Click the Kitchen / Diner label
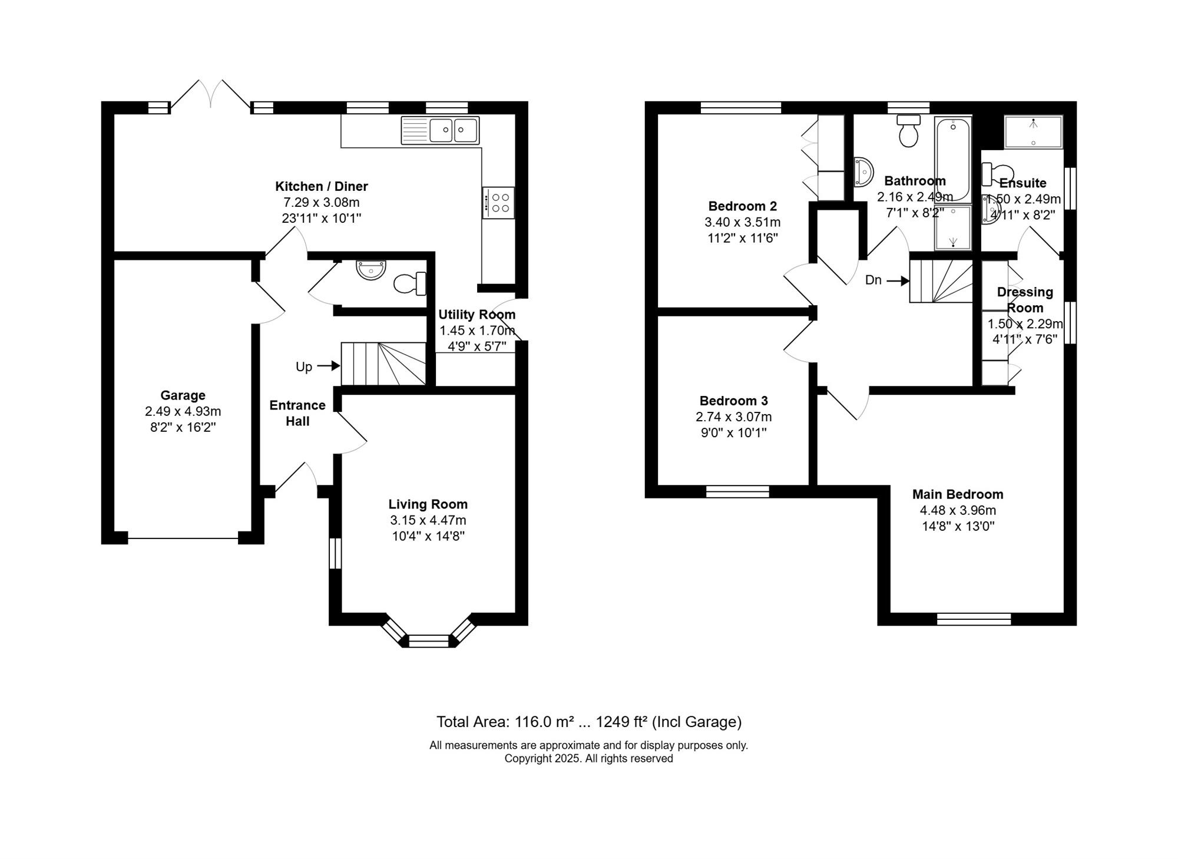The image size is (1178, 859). point(322,186)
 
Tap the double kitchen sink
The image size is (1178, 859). point(440,130)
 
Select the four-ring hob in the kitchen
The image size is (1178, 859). point(498,203)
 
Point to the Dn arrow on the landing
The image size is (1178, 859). point(898,281)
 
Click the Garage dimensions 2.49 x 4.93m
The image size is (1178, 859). point(183,411)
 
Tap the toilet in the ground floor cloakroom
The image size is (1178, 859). point(410,283)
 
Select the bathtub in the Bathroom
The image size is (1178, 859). point(952,160)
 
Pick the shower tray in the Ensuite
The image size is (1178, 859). point(1034,132)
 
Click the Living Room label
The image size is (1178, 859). point(428,504)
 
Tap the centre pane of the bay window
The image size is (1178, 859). point(429,641)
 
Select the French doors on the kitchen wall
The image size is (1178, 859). point(210,94)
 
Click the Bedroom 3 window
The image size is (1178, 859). point(737,491)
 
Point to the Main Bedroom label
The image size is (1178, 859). point(958,494)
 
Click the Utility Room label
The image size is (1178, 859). point(477,315)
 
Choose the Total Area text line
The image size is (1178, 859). point(589,722)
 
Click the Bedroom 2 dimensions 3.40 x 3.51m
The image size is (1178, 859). point(743,222)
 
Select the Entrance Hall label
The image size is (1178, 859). point(297,413)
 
